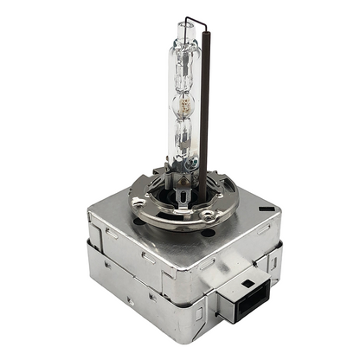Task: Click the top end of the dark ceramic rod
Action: tap(203, 36)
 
